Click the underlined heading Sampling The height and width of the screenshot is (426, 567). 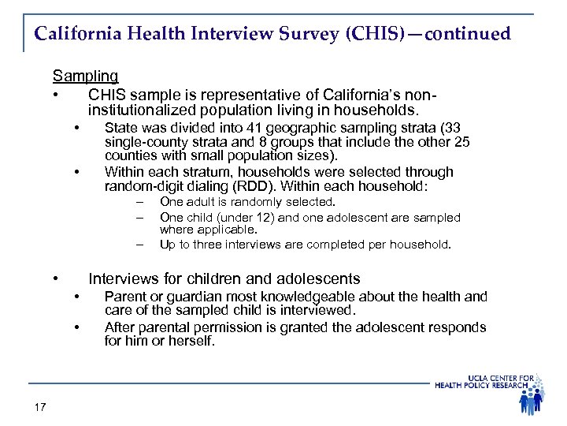point(85,77)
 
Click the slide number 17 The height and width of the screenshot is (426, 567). point(41,407)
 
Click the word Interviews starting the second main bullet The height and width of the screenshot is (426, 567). point(123,278)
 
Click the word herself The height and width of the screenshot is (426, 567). point(191,342)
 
